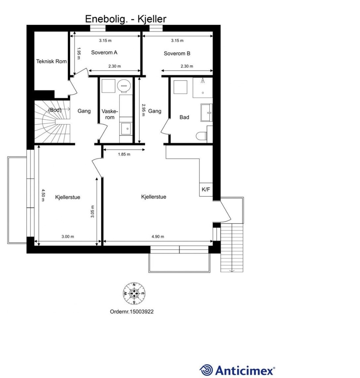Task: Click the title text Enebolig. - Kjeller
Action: [x=126, y=19]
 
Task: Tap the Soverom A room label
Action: [x=104, y=53]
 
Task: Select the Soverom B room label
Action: [x=177, y=54]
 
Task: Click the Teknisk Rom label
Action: [x=51, y=62]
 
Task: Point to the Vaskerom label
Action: [x=110, y=114]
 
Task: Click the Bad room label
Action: [x=184, y=117]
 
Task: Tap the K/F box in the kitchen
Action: [x=206, y=190]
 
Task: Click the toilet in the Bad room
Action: [x=201, y=136]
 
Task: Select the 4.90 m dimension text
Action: [x=158, y=237]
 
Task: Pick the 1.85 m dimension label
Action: [x=124, y=154]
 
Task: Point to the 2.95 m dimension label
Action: [x=143, y=110]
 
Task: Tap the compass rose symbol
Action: [x=134, y=294]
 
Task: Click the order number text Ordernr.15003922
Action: [x=132, y=312]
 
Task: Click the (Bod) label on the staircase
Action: [x=55, y=110]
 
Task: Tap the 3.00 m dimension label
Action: [x=68, y=237]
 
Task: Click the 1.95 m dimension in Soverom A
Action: [x=78, y=54]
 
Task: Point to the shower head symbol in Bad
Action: [x=203, y=81]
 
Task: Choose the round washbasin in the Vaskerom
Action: [x=124, y=85]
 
